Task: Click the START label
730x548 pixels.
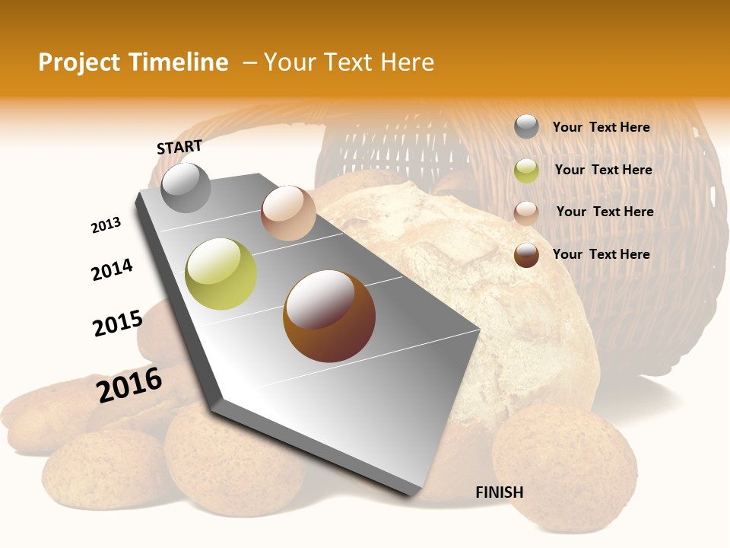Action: click(x=179, y=147)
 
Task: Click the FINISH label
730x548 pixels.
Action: click(x=499, y=492)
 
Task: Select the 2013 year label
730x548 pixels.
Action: click(x=106, y=225)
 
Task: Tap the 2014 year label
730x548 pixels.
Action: click(x=112, y=269)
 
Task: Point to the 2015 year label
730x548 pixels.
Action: click(x=117, y=323)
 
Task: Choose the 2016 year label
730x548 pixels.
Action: click(x=129, y=385)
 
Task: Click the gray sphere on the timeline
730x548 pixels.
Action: click(x=186, y=187)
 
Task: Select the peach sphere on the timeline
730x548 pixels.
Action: click(x=288, y=212)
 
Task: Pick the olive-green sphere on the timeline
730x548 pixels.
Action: click(x=221, y=274)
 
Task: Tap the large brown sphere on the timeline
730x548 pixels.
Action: click(x=329, y=316)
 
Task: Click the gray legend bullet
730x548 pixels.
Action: click(x=526, y=126)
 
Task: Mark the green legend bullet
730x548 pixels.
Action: click(x=526, y=170)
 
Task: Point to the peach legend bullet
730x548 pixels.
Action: click(x=526, y=212)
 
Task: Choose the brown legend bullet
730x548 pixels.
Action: click(x=526, y=255)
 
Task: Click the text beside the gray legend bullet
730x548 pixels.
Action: click(x=601, y=127)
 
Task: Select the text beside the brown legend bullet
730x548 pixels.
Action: click(x=601, y=254)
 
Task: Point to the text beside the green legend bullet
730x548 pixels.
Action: click(x=603, y=170)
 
